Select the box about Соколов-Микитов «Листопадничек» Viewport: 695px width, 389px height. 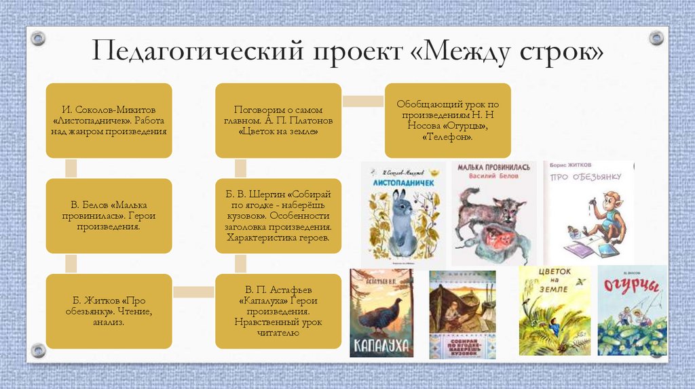(109, 120)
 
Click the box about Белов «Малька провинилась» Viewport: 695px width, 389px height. (109, 216)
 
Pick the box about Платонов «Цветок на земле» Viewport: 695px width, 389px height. (278, 120)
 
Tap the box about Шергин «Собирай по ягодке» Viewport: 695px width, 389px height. (278, 216)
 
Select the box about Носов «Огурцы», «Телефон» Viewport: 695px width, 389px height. (448, 120)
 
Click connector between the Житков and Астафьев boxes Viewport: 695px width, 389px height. (193, 292)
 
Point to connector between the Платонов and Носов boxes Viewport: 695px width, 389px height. (363, 101)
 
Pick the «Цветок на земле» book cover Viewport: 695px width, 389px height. (555, 311)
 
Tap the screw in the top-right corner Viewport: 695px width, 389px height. (656, 37)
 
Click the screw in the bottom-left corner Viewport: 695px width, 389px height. (39, 350)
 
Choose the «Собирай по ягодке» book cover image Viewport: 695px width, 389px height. (462, 314)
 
